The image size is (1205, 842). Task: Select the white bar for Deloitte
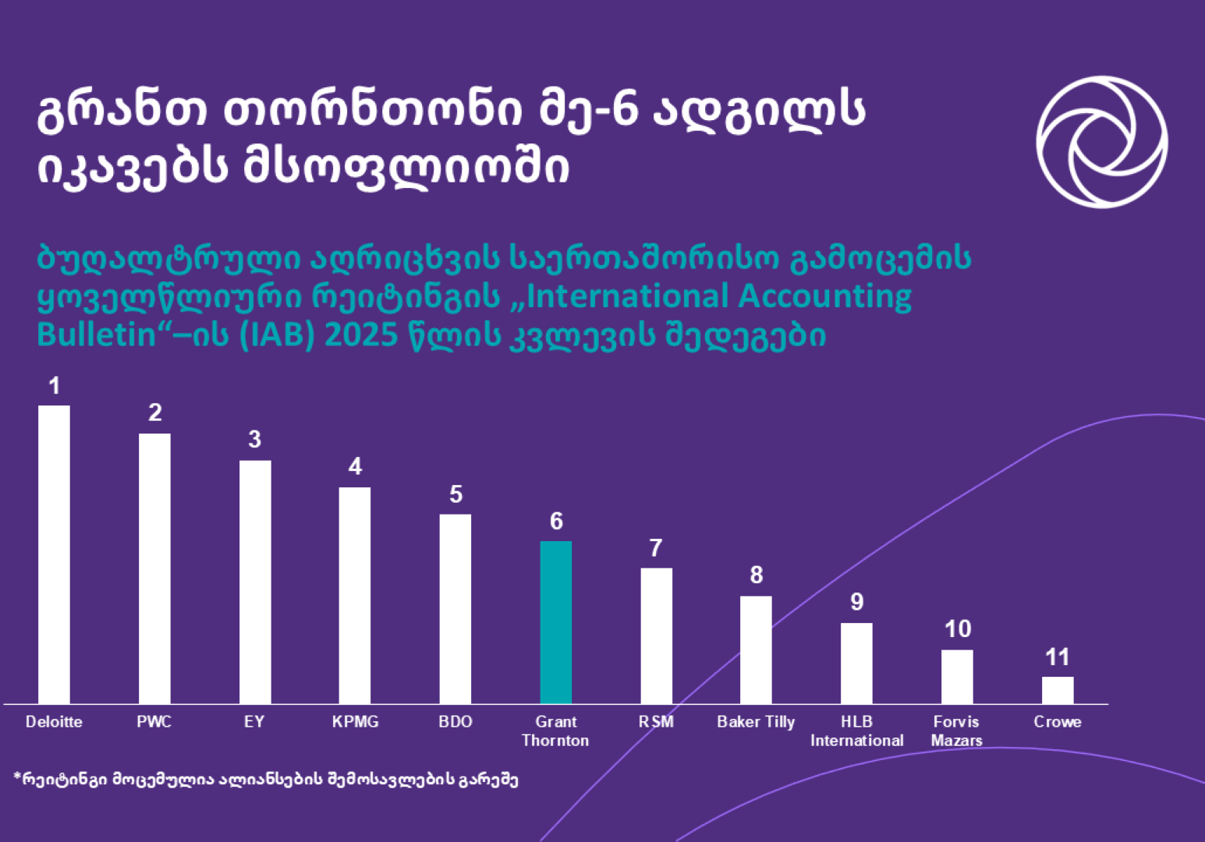54,554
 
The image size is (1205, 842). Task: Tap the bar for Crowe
1057,690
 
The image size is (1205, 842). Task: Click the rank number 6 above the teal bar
556,521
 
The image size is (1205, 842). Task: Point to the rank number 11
1057,657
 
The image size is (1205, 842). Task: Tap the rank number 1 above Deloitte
54,385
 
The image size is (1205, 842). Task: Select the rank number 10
957,629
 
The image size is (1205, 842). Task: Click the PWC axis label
154,722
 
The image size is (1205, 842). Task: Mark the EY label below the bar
254,722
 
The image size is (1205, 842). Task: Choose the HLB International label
856,731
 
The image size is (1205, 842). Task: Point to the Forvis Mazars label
956,731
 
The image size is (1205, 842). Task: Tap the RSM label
656,722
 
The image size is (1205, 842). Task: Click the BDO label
455,722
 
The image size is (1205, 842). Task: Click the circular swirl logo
1101,142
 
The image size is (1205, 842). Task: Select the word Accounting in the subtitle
824,297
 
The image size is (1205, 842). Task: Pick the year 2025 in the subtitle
361,335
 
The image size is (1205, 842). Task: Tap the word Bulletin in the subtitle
97,335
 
